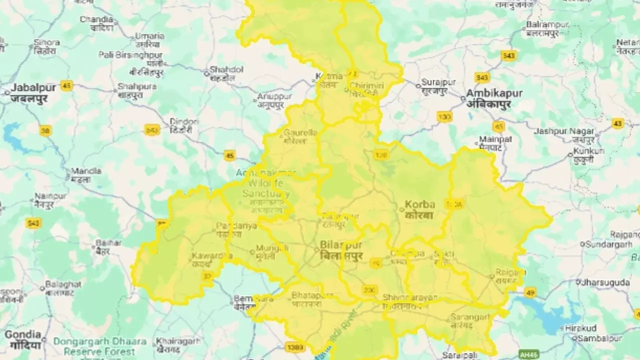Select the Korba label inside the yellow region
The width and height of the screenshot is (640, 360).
click(x=419, y=209)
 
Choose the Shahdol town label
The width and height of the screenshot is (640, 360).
click(x=226, y=73)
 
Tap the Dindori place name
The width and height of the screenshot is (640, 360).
click(x=184, y=125)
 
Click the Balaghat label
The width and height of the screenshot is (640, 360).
click(x=63, y=287)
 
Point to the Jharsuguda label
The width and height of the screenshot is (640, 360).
click(x=605, y=282)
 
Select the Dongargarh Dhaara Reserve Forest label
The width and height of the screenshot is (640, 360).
click(x=100, y=346)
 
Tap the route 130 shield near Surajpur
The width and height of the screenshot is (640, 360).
click(x=444, y=116)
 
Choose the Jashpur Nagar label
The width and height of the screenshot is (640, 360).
click(x=564, y=135)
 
